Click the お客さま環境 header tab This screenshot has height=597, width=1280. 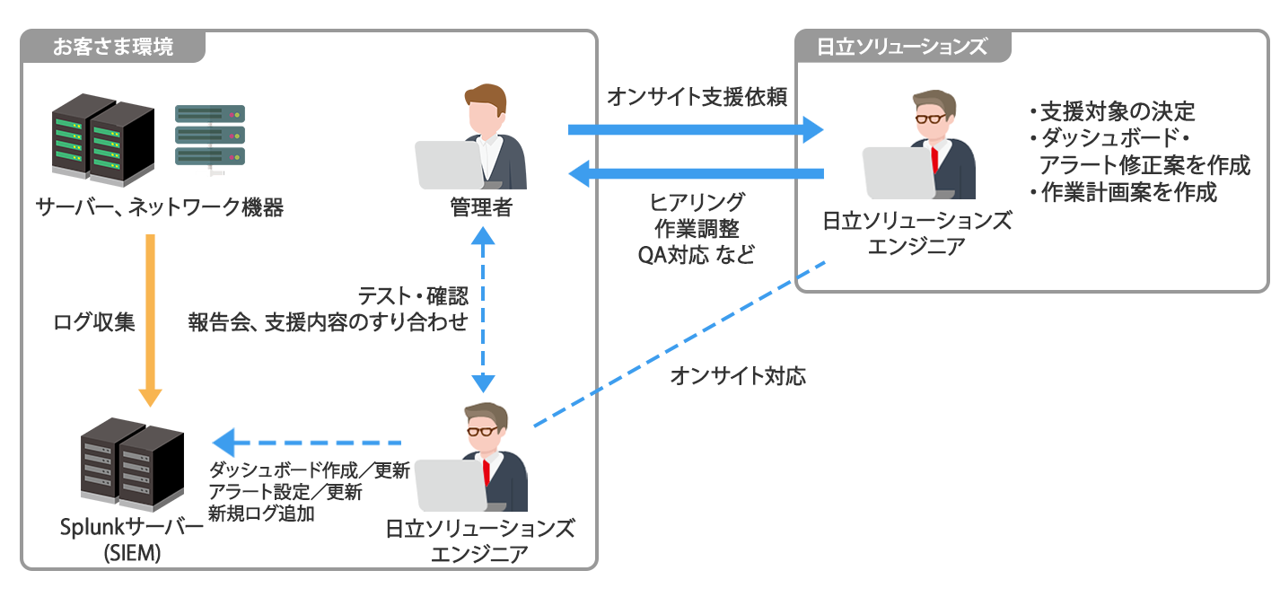(x=113, y=47)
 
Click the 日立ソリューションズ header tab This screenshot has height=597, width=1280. (x=901, y=47)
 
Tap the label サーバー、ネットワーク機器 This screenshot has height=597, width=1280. (x=160, y=208)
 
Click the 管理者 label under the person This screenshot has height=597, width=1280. (x=481, y=208)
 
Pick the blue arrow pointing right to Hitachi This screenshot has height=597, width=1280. (x=696, y=130)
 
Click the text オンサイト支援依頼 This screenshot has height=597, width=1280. (x=697, y=97)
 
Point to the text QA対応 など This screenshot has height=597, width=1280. (x=697, y=255)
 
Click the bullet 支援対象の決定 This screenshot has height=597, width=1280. (x=1113, y=112)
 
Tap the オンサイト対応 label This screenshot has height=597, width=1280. (x=738, y=376)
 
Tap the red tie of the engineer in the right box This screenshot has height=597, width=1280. (x=935, y=159)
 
